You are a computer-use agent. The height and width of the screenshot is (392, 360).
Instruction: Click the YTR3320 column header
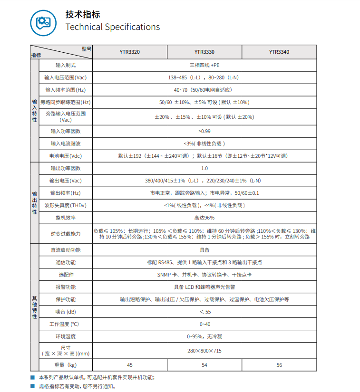click(x=129, y=52)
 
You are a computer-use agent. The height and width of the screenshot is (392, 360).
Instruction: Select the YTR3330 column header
click(x=204, y=52)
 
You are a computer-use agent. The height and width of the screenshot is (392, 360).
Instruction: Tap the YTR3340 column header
click(x=279, y=52)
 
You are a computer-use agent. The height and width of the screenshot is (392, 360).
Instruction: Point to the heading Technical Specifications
click(x=112, y=27)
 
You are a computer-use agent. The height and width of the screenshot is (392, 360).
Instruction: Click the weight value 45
click(x=129, y=365)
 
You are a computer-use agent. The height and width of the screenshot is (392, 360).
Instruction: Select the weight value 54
click(x=204, y=365)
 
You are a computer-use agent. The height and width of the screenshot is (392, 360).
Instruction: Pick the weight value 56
click(x=279, y=365)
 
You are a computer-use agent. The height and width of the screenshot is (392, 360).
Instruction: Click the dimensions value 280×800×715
click(x=204, y=351)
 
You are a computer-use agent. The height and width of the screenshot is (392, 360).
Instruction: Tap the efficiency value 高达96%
click(x=204, y=218)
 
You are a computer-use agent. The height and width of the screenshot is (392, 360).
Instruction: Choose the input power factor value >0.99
click(x=204, y=131)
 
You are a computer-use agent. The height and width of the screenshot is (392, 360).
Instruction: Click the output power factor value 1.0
click(x=204, y=168)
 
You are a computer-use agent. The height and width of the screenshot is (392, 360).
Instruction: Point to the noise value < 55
click(x=204, y=312)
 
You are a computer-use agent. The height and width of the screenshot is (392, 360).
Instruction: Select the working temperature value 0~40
click(x=204, y=324)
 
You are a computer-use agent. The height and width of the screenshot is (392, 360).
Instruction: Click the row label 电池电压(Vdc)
click(x=66, y=156)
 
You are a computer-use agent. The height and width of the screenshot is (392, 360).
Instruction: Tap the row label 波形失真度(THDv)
click(x=66, y=206)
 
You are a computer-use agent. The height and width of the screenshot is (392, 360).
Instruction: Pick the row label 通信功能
click(x=66, y=262)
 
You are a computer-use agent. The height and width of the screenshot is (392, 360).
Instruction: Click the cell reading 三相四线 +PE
click(x=204, y=65)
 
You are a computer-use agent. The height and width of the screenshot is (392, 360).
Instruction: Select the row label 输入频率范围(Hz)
click(x=66, y=90)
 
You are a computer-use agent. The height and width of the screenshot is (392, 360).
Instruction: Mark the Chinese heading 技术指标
click(x=83, y=15)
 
